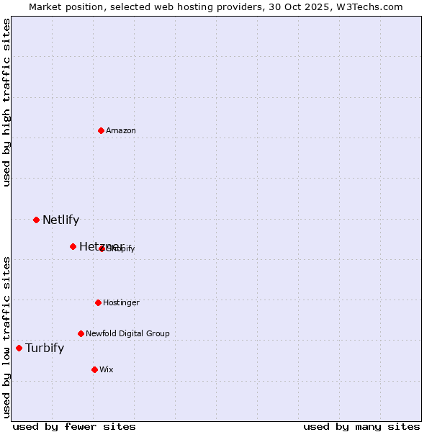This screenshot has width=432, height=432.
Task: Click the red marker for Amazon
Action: pyautogui.click(x=101, y=130)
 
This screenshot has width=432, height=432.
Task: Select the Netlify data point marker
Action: pyautogui.click(x=36, y=220)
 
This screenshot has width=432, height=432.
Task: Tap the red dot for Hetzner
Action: pyautogui.click(x=73, y=246)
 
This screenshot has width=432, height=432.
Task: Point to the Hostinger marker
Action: pyautogui.click(x=98, y=302)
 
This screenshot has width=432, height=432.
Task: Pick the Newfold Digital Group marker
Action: pyautogui.click(x=81, y=333)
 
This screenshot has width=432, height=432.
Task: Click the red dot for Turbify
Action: pyautogui.click(x=19, y=348)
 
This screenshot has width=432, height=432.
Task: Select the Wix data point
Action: pyautogui.click(x=94, y=369)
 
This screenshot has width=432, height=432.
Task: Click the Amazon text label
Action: pyautogui.click(x=121, y=130)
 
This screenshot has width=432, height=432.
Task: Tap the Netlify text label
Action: pyautogui.click(x=60, y=220)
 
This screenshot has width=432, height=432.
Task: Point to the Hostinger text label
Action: pyautogui.click(x=121, y=302)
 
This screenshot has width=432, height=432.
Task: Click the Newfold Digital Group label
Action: pyautogui.click(x=127, y=333)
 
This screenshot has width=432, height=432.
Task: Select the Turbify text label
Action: pyautogui.click(x=45, y=348)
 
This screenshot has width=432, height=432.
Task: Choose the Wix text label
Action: pyautogui.click(x=107, y=369)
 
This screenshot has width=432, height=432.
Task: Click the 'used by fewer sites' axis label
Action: pyautogui.click(x=74, y=427)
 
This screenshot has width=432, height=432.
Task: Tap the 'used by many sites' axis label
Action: pyautogui.click(x=361, y=427)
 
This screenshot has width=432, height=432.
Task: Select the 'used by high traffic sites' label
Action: pyautogui.click(x=6, y=102)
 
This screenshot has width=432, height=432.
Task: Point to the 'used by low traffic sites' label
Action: pyautogui.click(x=6, y=337)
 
